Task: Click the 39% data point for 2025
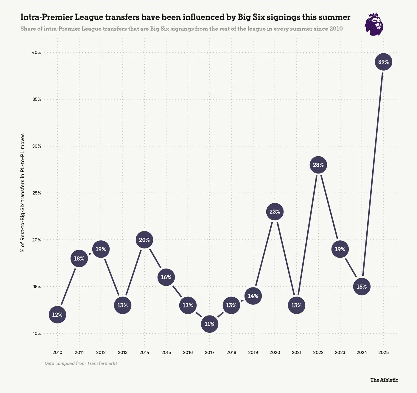(383, 62)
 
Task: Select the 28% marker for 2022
(318, 165)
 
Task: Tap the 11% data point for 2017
(209, 324)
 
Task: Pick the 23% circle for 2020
(275, 212)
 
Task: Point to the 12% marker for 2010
(57, 315)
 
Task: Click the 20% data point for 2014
(144, 240)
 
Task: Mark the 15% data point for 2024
(362, 287)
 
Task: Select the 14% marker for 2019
(253, 296)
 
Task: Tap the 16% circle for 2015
(166, 277)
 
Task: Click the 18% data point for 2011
(79, 259)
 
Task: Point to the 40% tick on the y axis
(36, 52)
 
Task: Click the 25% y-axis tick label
(36, 193)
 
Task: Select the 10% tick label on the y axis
(36, 333)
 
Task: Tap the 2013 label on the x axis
(122, 352)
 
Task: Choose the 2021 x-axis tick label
(296, 352)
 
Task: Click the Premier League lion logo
(374, 24)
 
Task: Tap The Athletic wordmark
(384, 380)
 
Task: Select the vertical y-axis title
(23, 193)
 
